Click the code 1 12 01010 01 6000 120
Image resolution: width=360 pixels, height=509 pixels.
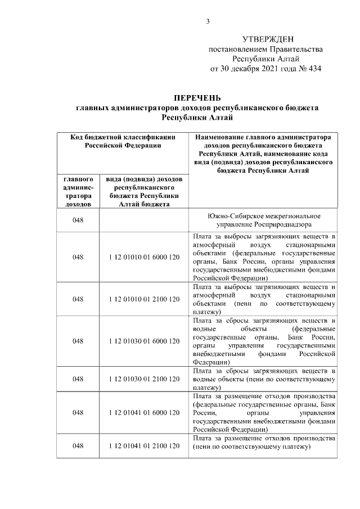coord(144,257)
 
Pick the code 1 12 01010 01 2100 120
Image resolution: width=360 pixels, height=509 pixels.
coord(144,299)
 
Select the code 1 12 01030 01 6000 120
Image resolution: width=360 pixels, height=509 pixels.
coord(144,341)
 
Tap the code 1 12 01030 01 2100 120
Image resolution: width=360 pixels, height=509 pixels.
coord(144,379)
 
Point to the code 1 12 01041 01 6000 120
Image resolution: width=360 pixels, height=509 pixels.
coord(144,413)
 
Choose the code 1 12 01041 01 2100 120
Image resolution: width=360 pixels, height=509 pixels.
coord(144,446)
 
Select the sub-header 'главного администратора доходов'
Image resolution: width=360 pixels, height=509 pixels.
coord(78,191)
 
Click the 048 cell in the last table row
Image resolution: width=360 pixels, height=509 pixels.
coord(78,446)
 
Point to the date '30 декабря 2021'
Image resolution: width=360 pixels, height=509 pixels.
coord(256,69)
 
